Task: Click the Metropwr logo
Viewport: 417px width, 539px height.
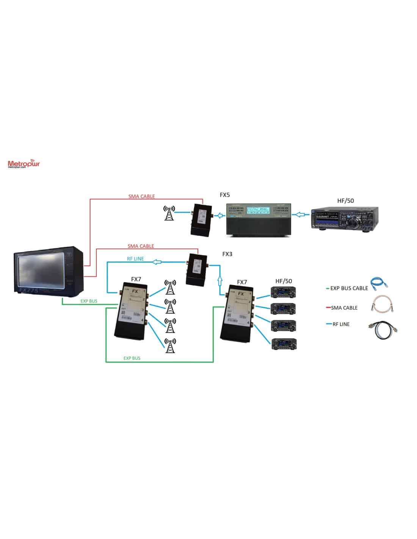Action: [24, 164]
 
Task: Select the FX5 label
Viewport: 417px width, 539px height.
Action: [224, 195]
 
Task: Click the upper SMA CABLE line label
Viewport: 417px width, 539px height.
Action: [141, 196]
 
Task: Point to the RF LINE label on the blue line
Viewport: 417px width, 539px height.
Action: [135, 259]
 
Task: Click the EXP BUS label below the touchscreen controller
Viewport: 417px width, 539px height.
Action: [89, 301]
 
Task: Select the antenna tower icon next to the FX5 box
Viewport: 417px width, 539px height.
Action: [169, 213]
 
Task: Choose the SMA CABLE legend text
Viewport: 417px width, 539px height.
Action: [344, 308]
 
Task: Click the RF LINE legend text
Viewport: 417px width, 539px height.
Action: [341, 324]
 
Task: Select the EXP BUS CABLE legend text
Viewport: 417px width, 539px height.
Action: [349, 288]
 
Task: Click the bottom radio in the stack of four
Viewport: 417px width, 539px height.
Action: [284, 344]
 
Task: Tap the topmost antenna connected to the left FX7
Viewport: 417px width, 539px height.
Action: [170, 287]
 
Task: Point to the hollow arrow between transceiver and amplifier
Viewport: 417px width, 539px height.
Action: [300, 215]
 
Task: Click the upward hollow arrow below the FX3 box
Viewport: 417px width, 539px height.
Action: [219, 281]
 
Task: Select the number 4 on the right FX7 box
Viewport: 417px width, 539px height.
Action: [248, 323]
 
